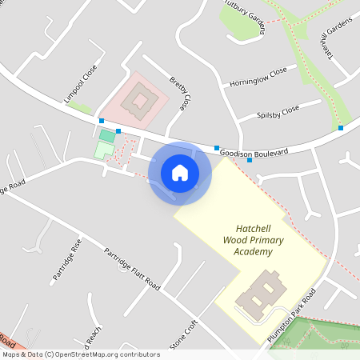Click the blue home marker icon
(180, 172)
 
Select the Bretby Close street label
(181, 93)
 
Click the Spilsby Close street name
(278, 110)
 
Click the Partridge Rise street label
(67, 258)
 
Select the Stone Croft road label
(182, 335)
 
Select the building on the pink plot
(142, 102)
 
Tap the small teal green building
(107, 136)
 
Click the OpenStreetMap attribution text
(81, 354)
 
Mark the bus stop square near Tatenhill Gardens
(341, 128)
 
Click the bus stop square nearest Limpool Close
(102, 121)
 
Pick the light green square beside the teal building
(103, 150)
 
